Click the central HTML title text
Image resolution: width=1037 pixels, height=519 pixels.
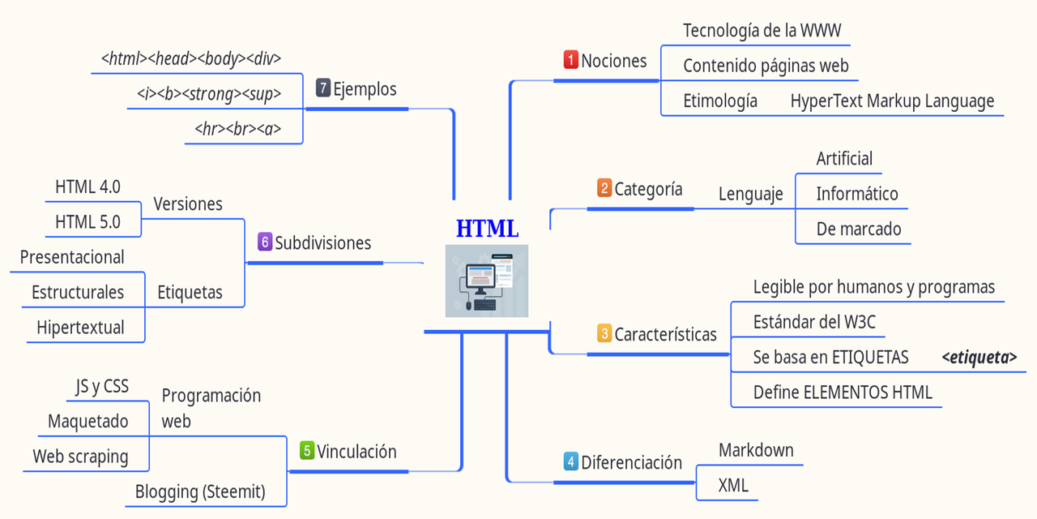tap(487, 229)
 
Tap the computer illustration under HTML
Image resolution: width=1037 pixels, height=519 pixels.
tap(486, 281)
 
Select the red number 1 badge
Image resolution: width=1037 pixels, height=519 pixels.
tap(571, 60)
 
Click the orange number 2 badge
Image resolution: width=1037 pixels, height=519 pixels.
tap(604, 189)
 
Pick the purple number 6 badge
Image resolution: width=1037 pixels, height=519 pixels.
tap(265, 242)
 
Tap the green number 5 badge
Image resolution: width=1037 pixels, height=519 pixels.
tap(307, 451)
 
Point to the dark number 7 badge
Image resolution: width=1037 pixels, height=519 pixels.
tap(323, 88)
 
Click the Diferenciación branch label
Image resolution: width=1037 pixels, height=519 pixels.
tap(631, 462)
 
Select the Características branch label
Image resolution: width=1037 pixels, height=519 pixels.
tap(665, 334)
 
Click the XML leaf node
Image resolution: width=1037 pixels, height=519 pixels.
tap(733, 486)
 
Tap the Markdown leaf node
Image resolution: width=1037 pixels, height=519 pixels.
tap(756, 450)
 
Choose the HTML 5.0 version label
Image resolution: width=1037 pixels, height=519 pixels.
tap(87, 221)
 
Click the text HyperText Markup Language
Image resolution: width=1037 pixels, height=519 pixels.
tap(892, 101)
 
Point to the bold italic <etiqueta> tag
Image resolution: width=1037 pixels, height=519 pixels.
tap(979, 357)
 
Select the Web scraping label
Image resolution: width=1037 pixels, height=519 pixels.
tap(80, 457)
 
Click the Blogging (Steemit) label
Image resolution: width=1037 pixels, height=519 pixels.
tap(200, 491)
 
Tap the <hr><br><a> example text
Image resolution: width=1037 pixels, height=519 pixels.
tap(238, 129)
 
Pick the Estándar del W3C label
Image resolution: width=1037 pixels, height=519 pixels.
tap(814, 322)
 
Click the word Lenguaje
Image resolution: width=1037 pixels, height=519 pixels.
tap(750, 194)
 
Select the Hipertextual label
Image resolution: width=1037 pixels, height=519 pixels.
tap(80, 328)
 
